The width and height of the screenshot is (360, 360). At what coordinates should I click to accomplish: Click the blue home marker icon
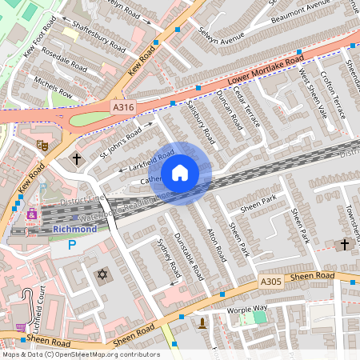(x=180, y=173)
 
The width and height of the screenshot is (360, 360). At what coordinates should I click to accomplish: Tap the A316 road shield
(x=122, y=107)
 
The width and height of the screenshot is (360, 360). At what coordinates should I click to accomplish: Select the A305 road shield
(x=271, y=282)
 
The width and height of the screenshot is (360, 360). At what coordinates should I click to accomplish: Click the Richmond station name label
(x=74, y=229)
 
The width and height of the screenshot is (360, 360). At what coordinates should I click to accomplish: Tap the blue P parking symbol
(x=73, y=246)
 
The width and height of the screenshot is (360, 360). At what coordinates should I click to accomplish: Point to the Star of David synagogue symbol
(x=102, y=275)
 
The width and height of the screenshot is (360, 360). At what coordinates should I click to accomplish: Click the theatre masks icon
(x=42, y=145)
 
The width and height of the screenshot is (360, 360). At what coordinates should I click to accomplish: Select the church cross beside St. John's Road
(x=77, y=158)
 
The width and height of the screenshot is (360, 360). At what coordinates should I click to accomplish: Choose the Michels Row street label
(x=53, y=88)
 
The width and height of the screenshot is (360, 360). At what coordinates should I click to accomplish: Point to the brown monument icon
(x=202, y=324)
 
